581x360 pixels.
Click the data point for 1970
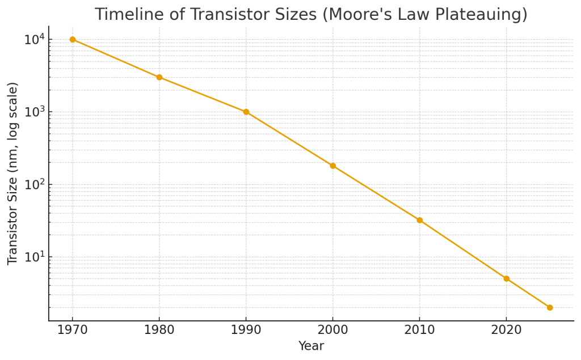[x=73, y=39]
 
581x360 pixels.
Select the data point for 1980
[x=159, y=77]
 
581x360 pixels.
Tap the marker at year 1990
[x=246, y=112]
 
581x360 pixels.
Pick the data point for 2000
[x=333, y=166]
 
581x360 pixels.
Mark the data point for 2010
[x=420, y=220]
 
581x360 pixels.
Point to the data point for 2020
[x=507, y=278]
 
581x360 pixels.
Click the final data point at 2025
[x=550, y=307]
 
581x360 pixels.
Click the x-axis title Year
[x=311, y=346]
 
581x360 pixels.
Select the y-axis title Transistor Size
[x=13, y=173]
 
